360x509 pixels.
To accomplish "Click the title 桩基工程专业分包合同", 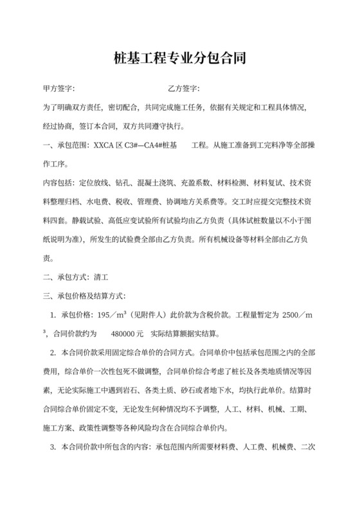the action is pos(179,60).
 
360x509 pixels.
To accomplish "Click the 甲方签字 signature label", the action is pos(59,88).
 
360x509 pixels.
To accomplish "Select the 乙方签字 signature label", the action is pos(183,88).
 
